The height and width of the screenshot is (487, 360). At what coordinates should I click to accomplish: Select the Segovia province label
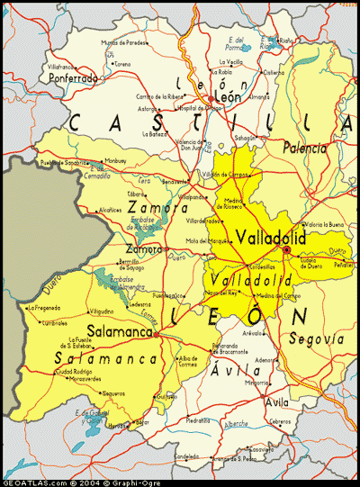click(x=317, y=339)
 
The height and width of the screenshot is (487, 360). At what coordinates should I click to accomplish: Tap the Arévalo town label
click(x=252, y=333)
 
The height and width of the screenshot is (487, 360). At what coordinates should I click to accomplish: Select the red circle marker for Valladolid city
click(x=286, y=249)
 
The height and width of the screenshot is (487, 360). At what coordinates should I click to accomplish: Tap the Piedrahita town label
click(x=198, y=420)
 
